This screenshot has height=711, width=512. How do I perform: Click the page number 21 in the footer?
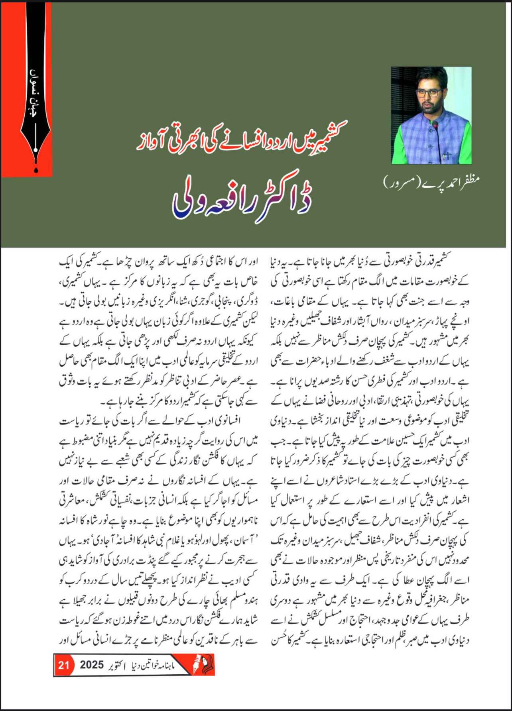coord(64,665)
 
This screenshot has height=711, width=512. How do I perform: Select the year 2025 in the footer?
coord(92,665)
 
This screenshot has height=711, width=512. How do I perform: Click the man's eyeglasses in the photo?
coord(428,93)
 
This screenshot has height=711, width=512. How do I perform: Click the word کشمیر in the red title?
coord(327,134)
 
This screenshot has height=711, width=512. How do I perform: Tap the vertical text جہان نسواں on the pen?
coord(35,91)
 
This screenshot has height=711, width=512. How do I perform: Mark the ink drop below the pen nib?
coord(36,170)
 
